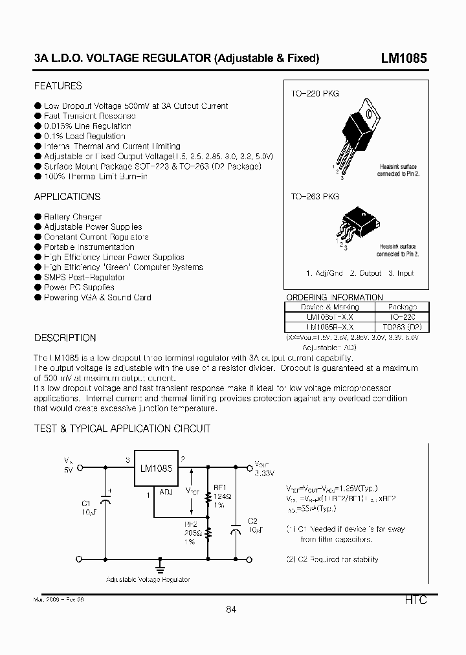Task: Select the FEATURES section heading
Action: [58, 85]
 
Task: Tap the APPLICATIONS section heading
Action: [67, 197]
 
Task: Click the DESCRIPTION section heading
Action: [65, 338]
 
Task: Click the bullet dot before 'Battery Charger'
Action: [38, 217]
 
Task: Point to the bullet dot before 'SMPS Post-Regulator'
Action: [38, 277]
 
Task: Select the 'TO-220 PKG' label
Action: [315, 94]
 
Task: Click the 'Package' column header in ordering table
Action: [403, 307]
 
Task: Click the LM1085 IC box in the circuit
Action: [156, 471]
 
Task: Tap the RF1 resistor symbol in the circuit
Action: [208, 498]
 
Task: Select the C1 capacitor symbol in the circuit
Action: [107, 500]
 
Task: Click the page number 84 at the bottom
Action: [232, 609]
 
